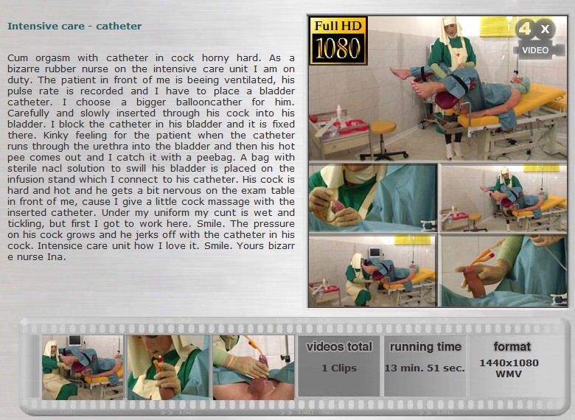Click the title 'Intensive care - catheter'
point(74,26)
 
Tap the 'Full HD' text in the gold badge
point(338,26)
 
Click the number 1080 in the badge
point(338,49)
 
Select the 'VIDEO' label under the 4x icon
point(535,50)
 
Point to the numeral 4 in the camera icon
point(525,28)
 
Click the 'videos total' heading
point(339,347)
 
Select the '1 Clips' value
point(339,368)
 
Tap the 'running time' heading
point(425,347)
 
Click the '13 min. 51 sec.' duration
point(425,368)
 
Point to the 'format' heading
point(512,346)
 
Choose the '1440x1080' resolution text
point(509,363)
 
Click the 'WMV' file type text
point(509,374)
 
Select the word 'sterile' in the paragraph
point(24,168)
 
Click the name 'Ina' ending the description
point(57,256)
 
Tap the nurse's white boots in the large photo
point(453,150)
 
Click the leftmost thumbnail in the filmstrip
point(83,367)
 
